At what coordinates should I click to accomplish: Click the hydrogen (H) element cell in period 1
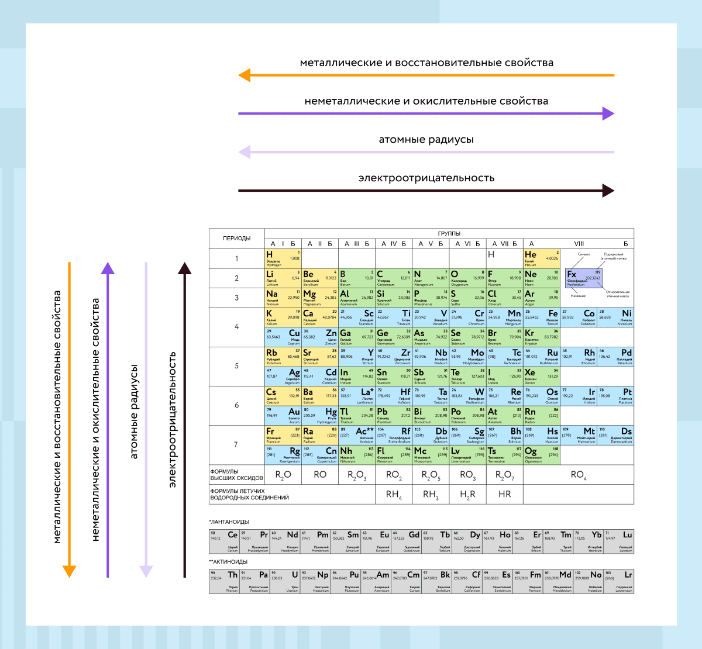click(283, 258)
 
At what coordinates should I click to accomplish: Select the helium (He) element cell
click(542, 258)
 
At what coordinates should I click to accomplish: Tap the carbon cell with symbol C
click(394, 278)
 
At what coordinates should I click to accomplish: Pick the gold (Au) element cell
click(283, 415)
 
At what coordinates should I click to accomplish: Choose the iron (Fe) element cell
click(542, 317)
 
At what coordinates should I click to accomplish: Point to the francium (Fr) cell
click(283, 435)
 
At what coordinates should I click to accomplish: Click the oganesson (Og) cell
click(542, 454)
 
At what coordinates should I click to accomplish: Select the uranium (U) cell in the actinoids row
click(285, 582)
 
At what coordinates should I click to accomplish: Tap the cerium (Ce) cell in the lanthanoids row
click(224, 541)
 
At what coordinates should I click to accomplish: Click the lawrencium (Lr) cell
click(619, 582)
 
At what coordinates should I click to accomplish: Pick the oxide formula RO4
click(578, 475)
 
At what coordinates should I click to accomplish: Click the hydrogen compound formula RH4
click(394, 495)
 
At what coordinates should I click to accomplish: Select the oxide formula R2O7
click(504, 475)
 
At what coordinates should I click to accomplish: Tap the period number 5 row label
click(236, 366)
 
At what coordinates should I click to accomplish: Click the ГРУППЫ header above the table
click(449, 233)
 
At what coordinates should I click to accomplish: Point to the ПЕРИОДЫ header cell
click(236, 238)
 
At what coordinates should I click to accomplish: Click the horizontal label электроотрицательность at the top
click(426, 178)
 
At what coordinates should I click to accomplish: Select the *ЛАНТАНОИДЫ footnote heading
click(229, 522)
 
